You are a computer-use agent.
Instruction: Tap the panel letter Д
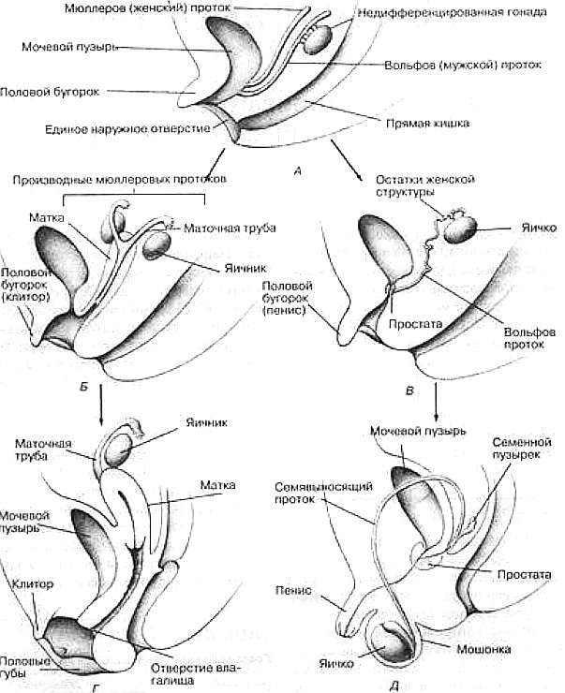(394, 685)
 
